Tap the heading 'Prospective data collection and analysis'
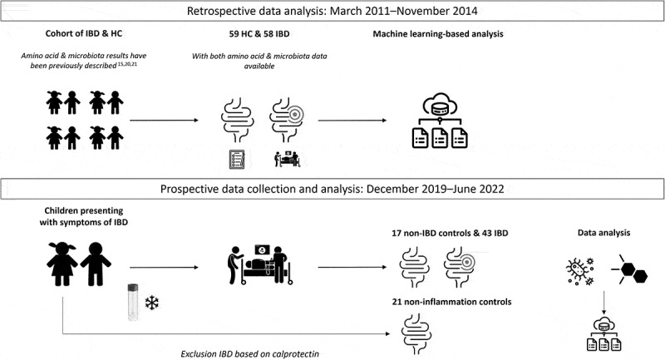click(x=332, y=189)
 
